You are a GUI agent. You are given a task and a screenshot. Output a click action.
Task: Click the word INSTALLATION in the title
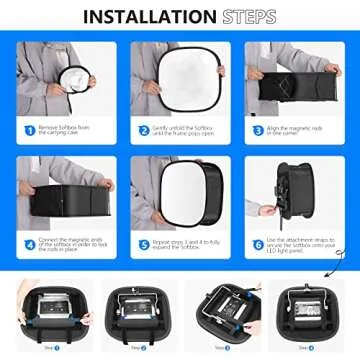pos(148,17)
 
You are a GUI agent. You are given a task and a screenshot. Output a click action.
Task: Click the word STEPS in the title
pos(246,17)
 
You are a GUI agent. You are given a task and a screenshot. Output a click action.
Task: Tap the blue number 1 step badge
pos(28,130)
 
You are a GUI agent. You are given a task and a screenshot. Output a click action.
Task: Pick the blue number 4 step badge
pos(28,243)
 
